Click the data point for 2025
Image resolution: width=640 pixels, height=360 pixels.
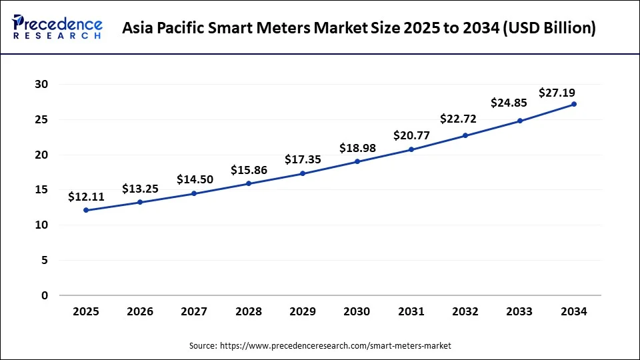click(86, 210)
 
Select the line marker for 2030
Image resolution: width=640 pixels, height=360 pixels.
click(357, 161)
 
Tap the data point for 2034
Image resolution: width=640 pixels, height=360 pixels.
click(574, 104)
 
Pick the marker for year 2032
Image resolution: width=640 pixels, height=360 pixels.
click(465, 135)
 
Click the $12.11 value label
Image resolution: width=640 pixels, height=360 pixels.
click(86, 197)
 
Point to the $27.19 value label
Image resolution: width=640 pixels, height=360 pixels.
click(557, 93)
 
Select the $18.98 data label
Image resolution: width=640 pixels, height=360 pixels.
click(357, 147)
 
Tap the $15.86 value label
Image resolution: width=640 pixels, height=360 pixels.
click(249, 170)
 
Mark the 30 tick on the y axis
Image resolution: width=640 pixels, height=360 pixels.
click(41, 85)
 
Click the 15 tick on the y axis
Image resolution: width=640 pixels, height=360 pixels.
click(41, 190)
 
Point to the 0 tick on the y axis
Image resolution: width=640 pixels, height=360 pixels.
click(45, 295)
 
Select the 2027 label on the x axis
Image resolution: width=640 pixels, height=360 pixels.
click(194, 311)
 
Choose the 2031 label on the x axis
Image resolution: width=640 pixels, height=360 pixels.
click(411, 311)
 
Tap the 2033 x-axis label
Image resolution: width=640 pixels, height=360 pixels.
click(520, 311)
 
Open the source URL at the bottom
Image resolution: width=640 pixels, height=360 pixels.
click(335, 345)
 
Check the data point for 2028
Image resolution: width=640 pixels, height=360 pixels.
click(249, 183)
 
